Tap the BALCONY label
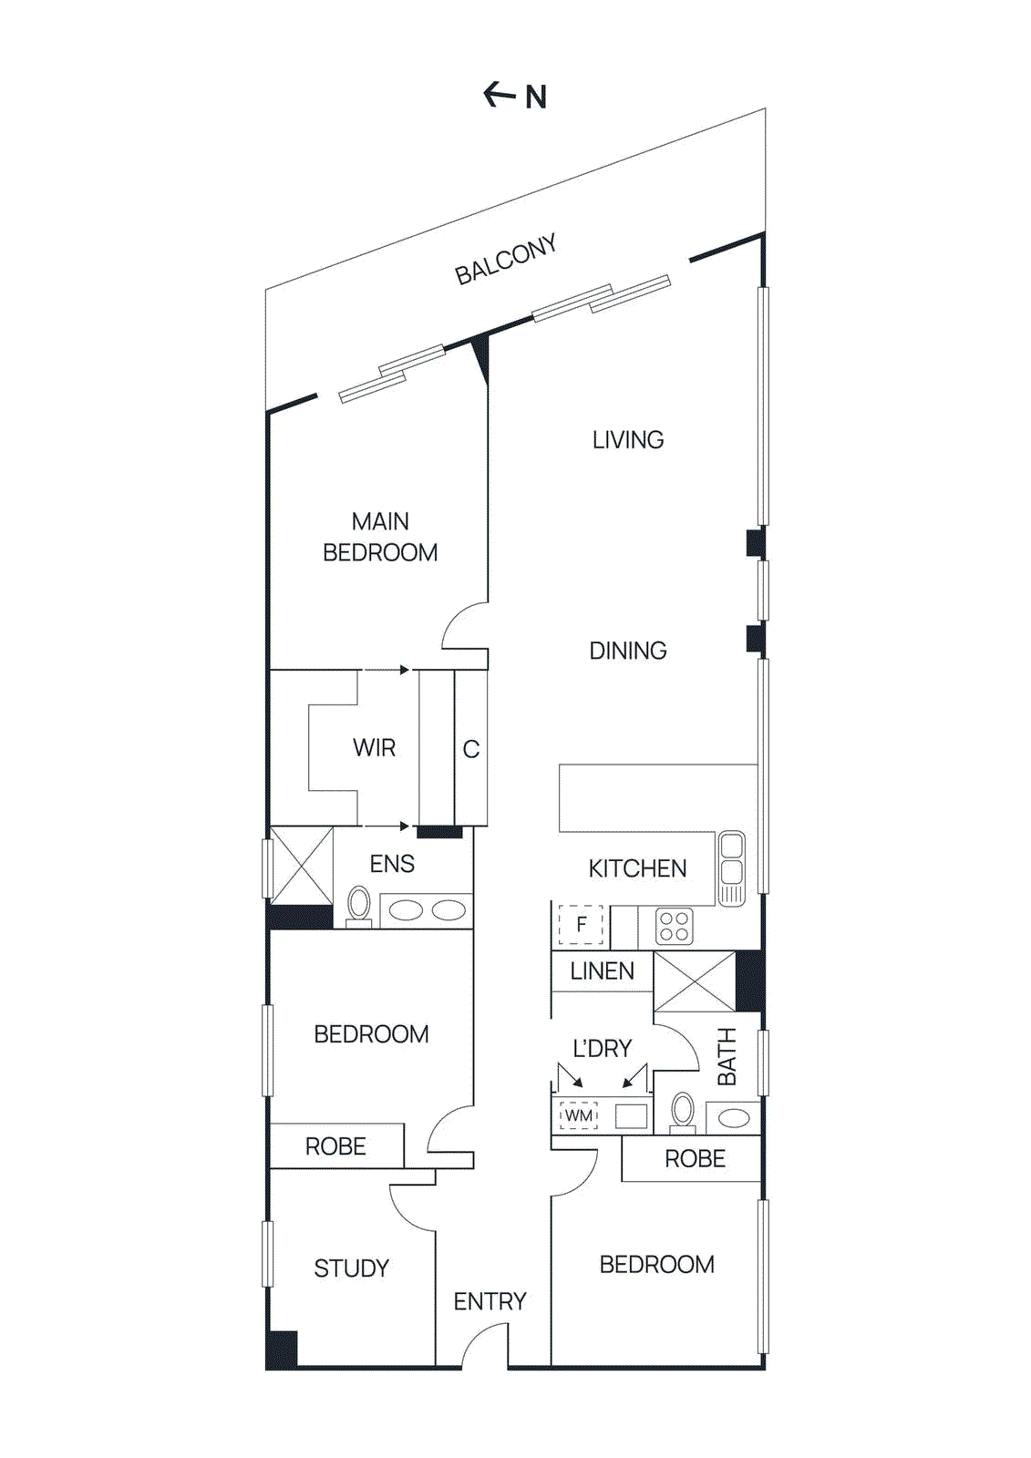(506, 260)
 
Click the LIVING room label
(628, 440)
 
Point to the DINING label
(628, 651)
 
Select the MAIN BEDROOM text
(380, 537)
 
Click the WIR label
(374, 748)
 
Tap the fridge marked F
(581, 925)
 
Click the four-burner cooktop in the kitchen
(674, 927)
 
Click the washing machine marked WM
(578, 1115)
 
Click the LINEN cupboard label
(602, 971)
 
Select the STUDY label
(351, 1268)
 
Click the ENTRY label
(490, 1301)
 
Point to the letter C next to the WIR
(470, 749)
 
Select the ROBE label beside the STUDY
(335, 1146)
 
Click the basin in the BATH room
(735, 1117)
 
